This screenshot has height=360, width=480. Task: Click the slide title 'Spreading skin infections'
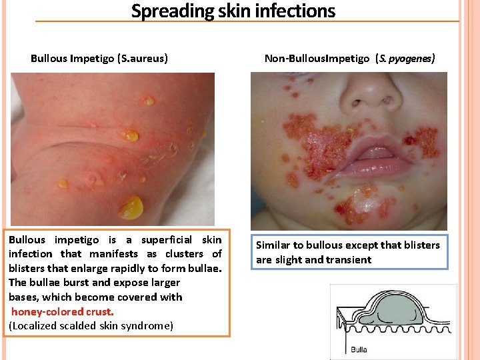[233, 11]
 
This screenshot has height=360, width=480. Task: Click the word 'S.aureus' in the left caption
[141, 59]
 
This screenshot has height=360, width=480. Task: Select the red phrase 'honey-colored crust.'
[63, 311]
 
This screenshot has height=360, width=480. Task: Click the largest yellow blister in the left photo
[131, 207]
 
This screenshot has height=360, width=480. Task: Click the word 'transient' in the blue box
[346, 259]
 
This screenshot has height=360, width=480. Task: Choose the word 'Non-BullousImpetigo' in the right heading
[317, 59]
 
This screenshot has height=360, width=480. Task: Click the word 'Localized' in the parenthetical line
[35, 325]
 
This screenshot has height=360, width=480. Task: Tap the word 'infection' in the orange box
[30, 254]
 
